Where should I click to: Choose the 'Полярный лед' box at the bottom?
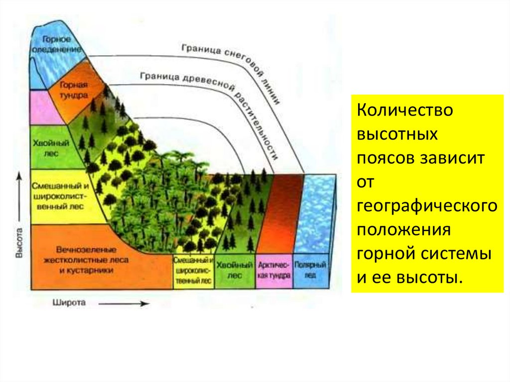(310, 269)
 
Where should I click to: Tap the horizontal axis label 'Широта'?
(69, 302)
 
